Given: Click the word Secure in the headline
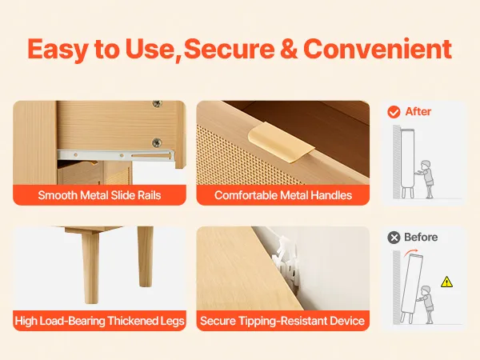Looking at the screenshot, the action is click(229, 49).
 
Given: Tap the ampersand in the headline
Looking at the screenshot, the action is click(289, 49).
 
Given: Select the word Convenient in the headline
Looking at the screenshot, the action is click(378, 49).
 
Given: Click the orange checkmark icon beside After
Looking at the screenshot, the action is click(394, 112).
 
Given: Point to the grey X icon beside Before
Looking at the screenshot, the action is click(394, 238).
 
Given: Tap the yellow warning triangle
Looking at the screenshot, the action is click(446, 282).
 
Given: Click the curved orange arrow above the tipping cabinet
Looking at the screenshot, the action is click(411, 253).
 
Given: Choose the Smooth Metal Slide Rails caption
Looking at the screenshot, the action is click(99, 195).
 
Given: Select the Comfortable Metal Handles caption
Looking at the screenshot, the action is click(283, 195).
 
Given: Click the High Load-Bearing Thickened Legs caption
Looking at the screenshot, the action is click(99, 321).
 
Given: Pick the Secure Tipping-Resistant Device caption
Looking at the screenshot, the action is click(282, 321).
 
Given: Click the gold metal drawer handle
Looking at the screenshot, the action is click(281, 142).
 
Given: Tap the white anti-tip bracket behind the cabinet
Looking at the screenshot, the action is click(286, 262).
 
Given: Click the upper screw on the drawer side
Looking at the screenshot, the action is click(158, 104).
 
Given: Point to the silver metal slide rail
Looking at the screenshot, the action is click(116, 155).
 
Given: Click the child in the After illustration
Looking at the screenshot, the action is click(426, 178).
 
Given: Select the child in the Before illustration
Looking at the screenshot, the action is click(426, 304).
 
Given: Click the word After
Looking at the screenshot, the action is click(418, 112).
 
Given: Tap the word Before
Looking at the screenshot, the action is click(421, 238).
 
